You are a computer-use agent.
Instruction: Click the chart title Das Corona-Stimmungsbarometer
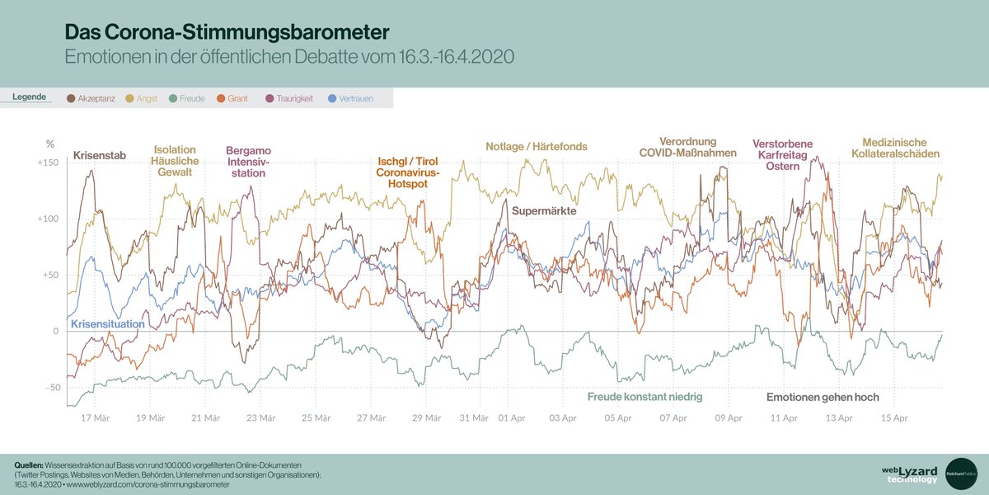(227, 31)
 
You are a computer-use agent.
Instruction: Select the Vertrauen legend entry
(350, 99)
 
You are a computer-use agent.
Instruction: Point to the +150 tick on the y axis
(49, 163)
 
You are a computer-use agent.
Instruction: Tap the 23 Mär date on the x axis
(260, 418)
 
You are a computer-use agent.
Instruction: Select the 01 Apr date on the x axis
(512, 418)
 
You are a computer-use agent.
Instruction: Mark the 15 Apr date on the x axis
(894, 418)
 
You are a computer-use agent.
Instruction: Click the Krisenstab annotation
(100, 155)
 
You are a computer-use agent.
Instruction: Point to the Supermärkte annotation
(543, 211)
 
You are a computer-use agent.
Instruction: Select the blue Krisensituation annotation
(108, 324)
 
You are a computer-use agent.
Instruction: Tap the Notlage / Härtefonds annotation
(536, 147)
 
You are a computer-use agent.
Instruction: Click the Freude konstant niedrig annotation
(644, 397)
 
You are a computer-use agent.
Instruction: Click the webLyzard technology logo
(909, 474)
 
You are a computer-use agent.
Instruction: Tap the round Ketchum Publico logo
(961, 474)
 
